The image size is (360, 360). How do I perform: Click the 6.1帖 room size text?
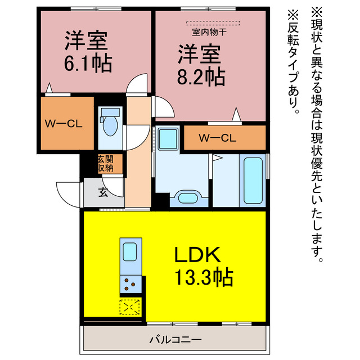(x=88, y=62)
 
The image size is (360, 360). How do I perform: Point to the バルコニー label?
(x=175, y=340)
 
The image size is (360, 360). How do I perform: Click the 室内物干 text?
(x=209, y=32)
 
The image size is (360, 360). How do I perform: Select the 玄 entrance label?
(x=103, y=192)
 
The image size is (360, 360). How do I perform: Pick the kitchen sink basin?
(x=130, y=251)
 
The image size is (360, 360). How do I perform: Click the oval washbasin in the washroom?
(x=187, y=197)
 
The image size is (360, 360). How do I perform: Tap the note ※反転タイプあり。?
(x=294, y=62)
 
